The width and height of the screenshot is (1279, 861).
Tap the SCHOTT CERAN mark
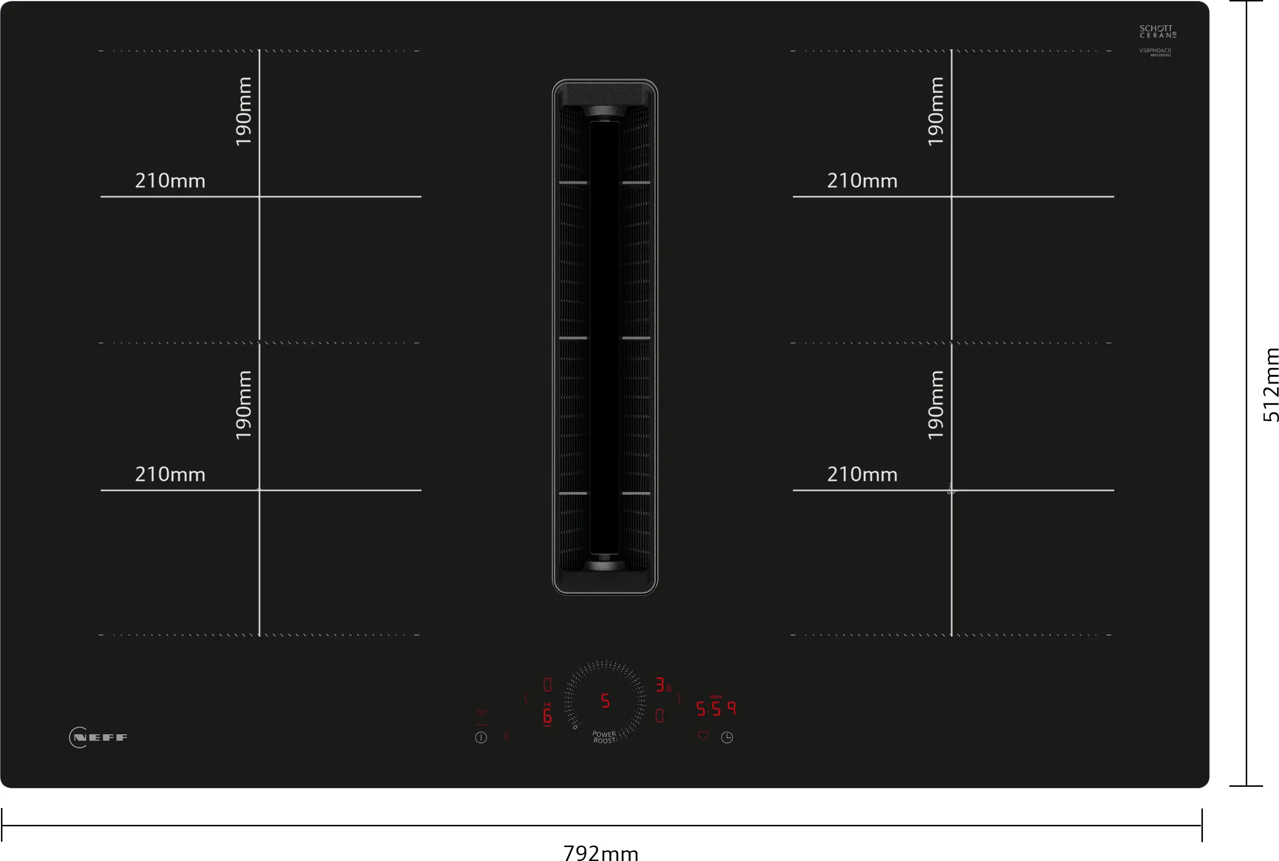click(x=1157, y=31)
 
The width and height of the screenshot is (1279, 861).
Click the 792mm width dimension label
click(x=601, y=852)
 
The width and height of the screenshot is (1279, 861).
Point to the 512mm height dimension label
click(x=1270, y=385)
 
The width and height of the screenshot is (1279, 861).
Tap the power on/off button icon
click(x=481, y=738)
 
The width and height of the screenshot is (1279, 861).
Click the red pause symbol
click(x=506, y=736)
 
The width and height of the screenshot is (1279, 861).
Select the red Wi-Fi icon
click(x=482, y=715)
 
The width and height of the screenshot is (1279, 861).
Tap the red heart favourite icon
click(x=703, y=735)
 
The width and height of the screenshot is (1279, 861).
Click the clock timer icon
click(x=727, y=738)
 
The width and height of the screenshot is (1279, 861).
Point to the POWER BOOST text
click(x=605, y=737)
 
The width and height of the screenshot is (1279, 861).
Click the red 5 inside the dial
click(x=605, y=701)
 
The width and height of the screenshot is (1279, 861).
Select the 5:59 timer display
click(x=716, y=709)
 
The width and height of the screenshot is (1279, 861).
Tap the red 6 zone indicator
click(x=547, y=715)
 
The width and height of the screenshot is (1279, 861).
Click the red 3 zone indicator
click(x=660, y=685)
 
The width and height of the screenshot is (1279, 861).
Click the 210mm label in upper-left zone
click(x=170, y=181)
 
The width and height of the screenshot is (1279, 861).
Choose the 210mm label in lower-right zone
click(x=862, y=475)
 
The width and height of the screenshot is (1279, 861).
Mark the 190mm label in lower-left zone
click(x=243, y=405)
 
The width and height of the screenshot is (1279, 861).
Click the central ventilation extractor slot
click(x=605, y=337)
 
